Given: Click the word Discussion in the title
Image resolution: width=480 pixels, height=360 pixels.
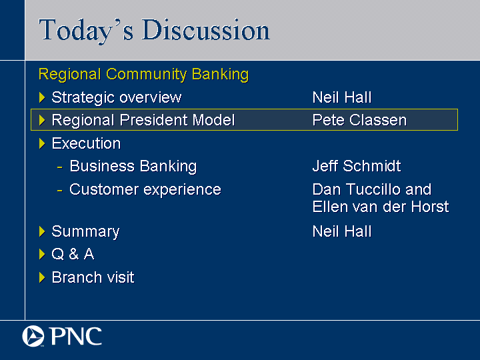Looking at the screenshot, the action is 206,30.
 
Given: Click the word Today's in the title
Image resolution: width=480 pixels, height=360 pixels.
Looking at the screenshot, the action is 86,31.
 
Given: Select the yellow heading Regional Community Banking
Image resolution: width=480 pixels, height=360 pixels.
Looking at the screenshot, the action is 143,75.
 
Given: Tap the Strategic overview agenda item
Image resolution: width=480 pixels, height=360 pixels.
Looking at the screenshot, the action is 117,97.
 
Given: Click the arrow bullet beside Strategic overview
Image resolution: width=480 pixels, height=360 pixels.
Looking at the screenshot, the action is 42,97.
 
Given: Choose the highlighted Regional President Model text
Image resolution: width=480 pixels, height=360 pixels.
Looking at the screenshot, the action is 143,120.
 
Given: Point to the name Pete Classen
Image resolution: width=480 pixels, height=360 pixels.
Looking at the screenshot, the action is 360,120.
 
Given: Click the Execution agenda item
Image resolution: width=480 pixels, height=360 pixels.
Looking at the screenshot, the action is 86,143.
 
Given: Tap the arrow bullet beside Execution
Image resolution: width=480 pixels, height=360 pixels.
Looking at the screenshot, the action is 42,143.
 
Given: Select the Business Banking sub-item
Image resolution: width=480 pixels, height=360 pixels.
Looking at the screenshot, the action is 133,167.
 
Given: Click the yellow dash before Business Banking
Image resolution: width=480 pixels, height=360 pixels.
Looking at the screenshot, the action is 60,167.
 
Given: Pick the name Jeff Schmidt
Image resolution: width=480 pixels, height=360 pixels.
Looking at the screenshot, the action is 357,166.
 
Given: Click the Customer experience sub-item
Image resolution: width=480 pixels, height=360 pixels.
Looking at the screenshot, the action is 145,190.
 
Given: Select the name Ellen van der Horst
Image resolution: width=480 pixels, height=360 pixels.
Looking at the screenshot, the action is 381,207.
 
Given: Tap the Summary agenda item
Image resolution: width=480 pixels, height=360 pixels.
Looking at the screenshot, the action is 85,232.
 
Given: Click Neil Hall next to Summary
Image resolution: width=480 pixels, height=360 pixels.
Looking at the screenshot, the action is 342,231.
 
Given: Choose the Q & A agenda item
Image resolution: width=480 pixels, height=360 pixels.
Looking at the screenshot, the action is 73,254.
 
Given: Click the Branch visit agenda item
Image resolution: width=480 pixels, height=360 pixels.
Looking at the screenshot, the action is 93,277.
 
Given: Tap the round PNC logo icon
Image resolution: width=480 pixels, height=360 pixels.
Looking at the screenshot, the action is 33,336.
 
